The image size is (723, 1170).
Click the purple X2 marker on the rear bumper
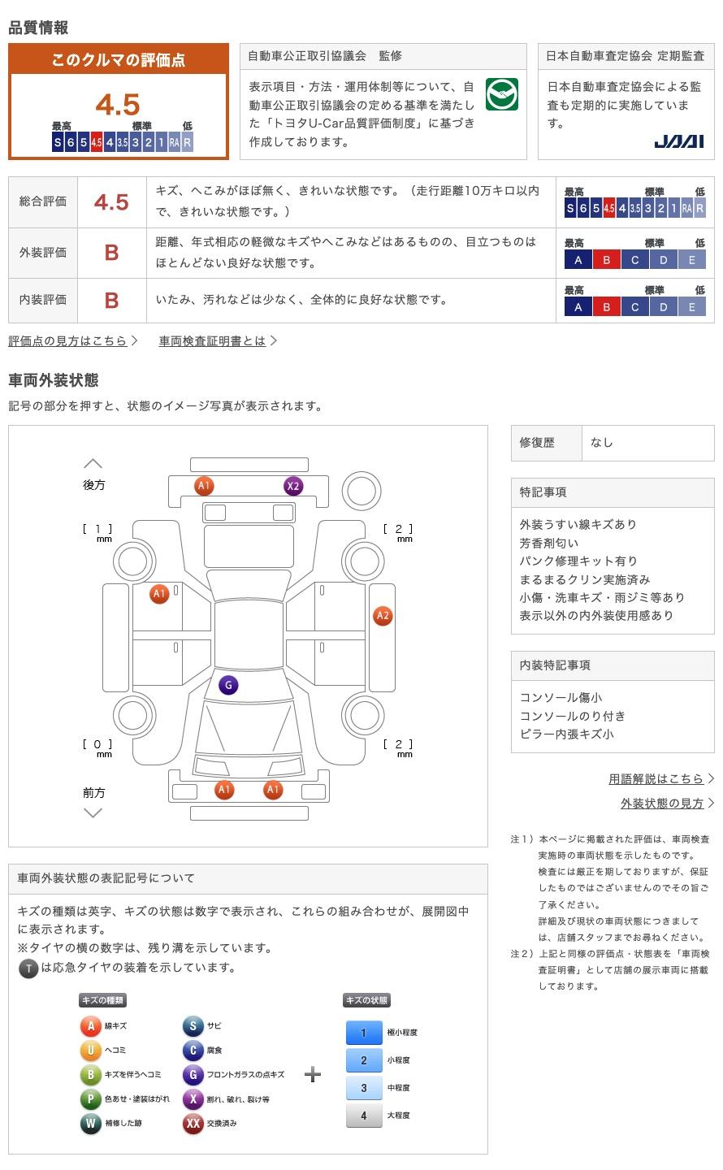(x=293, y=486)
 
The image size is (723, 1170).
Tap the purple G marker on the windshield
(x=228, y=685)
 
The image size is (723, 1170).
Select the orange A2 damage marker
(x=383, y=615)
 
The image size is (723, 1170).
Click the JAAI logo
(x=678, y=141)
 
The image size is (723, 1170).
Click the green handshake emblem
(x=501, y=94)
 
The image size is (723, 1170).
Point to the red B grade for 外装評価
(x=112, y=253)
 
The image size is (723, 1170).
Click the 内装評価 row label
(x=43, y=299)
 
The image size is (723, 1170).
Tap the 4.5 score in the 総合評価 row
(x=111, y=202)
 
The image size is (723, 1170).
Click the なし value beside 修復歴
(x=601, y=442)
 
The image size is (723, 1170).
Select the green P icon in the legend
(x=90, y=1099)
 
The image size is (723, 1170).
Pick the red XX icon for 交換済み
(x=193, y=1123)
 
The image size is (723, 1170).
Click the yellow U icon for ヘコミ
(x=90, y=1050)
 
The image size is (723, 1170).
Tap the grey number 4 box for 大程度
(x=364, y=1115)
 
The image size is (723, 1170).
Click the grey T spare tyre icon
(x=28, y=968)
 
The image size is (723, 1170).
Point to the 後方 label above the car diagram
(x=94, y=485)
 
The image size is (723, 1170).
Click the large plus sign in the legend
(x=313, y=1074)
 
